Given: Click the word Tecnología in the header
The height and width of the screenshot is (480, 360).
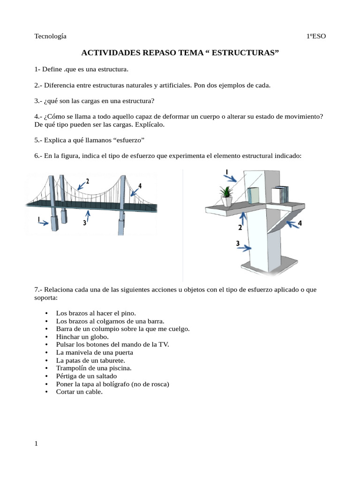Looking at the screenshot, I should pos(50,36).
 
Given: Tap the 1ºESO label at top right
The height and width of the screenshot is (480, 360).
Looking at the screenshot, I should pos(315,36).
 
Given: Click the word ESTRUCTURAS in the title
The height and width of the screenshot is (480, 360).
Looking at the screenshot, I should pos(245,53).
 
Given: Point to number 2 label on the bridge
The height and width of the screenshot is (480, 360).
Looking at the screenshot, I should pos(88,181).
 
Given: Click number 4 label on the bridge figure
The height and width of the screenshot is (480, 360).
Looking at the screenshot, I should pos(140,186).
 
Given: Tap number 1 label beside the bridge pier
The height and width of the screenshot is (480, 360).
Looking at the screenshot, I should pos(39,219).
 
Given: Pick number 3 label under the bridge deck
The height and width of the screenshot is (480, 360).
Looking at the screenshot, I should pos(84,223).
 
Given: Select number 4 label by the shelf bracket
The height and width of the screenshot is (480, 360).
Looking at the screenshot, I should pos(300,224).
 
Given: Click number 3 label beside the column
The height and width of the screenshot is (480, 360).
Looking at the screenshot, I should pos(238,243).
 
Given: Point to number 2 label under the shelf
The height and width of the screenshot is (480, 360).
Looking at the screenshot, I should pos(240,227).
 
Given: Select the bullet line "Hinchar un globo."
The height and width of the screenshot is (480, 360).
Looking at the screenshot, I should pos(82,337).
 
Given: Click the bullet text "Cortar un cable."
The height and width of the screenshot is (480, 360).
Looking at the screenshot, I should pos(79,392).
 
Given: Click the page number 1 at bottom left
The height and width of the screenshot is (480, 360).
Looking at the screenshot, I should pos(36,444).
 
